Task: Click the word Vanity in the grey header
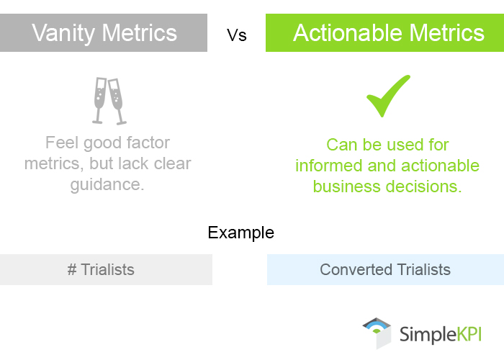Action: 66,33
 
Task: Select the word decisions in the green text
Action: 425,186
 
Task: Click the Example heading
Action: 240,233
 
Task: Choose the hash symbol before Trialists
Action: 72,270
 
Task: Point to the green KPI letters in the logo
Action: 466,334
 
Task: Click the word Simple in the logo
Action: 424,334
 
